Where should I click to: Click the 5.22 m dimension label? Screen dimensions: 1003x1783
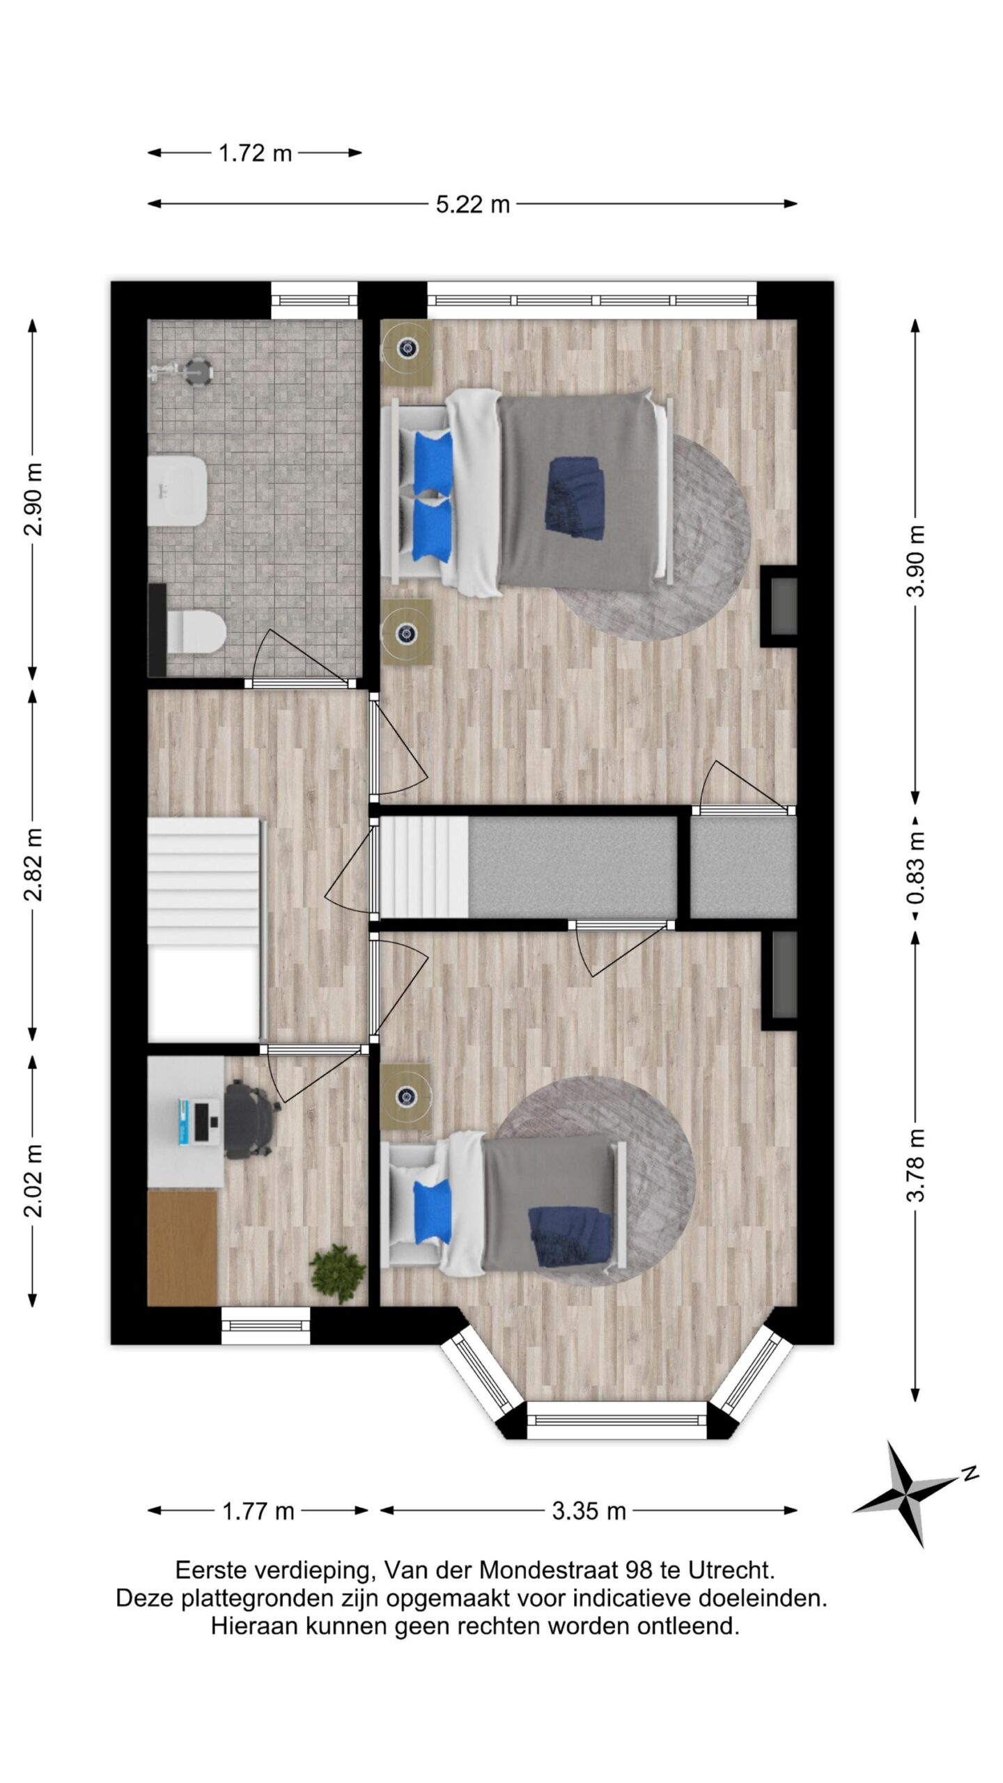click(x=473, y=205)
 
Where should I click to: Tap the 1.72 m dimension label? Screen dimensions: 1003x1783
click(x=255, y=153)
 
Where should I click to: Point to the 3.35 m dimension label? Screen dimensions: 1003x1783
click(x=589, y=1511)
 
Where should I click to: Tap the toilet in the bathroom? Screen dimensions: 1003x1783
click(x=196, y=632)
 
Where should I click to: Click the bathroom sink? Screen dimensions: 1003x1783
click(x=178, y=492)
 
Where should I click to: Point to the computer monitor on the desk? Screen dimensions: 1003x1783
click(x=202, y=1121)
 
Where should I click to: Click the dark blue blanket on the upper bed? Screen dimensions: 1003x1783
click(x=575, y=497)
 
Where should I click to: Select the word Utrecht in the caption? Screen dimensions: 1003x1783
click(x=731, y=1571)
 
